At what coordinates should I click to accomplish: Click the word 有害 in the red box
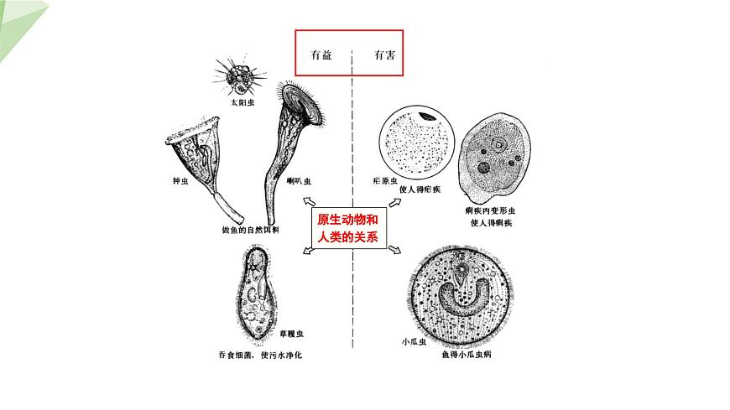pyautogui.click(x=385, y=55)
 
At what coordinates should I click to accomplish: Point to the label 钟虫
pyautogui.click(x=179, y=181)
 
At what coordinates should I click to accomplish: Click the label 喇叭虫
pyautogui.click(x=299, y=180)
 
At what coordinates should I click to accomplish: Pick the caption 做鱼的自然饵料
pyautogui.click(x=249, y=229)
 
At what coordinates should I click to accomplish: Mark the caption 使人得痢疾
pyautogui.click(x=491, y=223)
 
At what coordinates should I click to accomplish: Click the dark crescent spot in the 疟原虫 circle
pyautogui.click(x=428, y=117)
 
